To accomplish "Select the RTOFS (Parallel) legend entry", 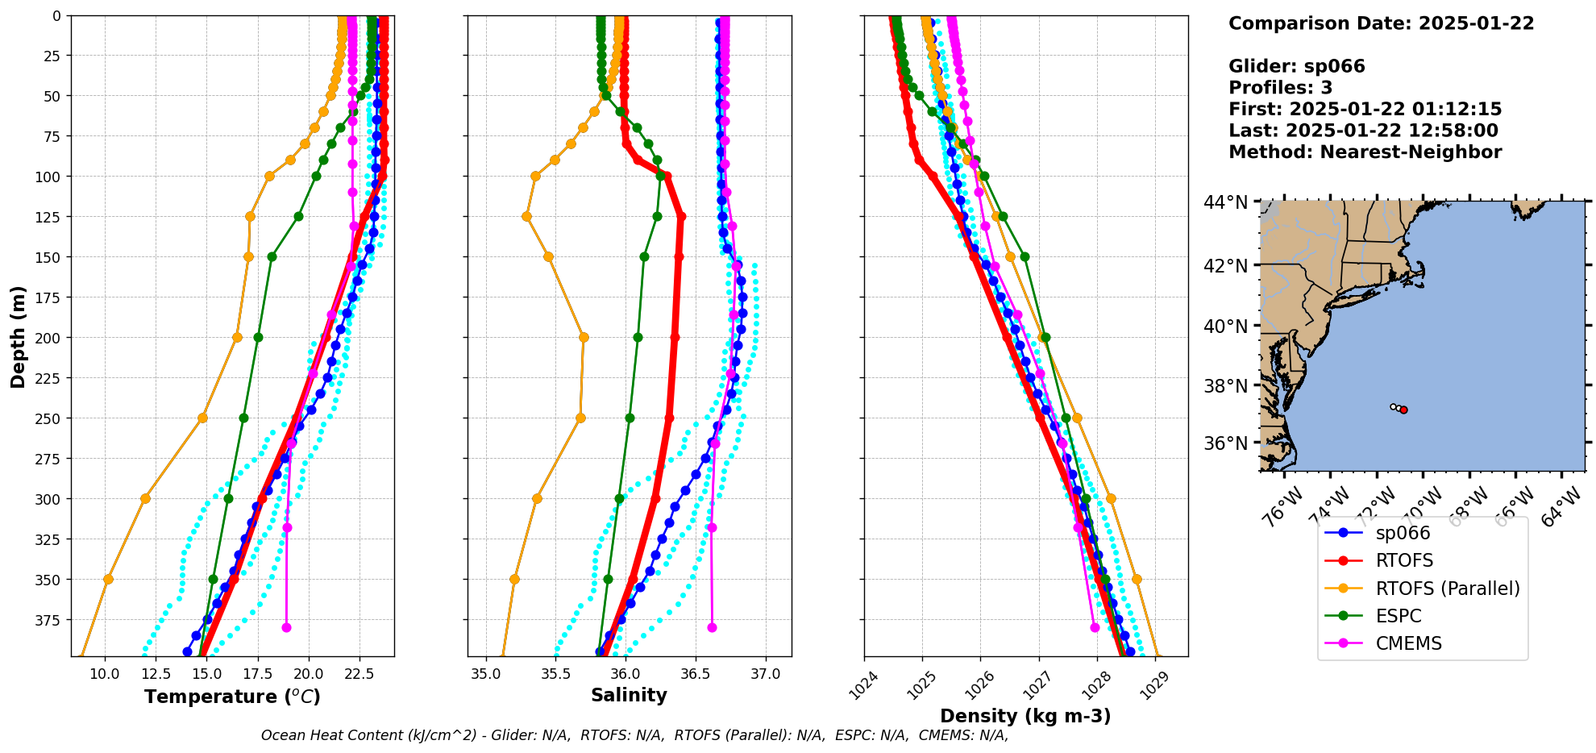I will click(1447, 589).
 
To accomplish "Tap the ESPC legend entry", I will click(1399, 616).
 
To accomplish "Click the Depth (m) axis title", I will click(18, 336).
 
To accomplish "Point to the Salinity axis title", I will click(629, 695).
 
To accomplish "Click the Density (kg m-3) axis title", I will click(1025, 716).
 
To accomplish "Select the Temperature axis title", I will click(232, 697).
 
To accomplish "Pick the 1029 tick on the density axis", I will click(1155, 685).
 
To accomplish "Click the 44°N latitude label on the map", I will click(1225, 202).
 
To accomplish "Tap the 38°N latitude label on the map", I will click(1225, 386).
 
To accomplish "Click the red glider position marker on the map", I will click(1403, 410).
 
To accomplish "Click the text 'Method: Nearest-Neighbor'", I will click(1365, 152).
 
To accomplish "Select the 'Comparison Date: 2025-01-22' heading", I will click(1381, 23).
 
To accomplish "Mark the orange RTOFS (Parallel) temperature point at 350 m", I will click(108, 579).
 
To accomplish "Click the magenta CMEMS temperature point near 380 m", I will click(286, 627).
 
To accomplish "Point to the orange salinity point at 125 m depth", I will click(526, 216).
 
